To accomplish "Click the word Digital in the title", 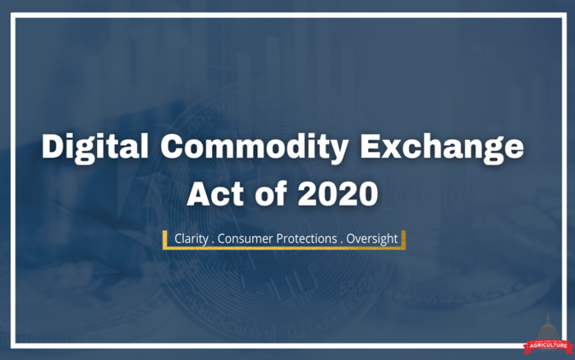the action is click(95, 148).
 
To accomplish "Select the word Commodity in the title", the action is click(255, 148).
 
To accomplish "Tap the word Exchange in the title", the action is click(442, 148).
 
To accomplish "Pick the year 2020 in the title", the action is click(338, 193).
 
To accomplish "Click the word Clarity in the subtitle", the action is click(191, 239).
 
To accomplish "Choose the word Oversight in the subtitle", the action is click(372, 239).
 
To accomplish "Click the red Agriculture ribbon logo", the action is click(548, 346).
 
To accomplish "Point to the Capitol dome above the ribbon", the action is click(548, 326).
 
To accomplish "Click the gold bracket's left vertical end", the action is click(164, 240).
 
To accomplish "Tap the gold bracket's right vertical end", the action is click(403, 240).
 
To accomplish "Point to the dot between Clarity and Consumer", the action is click(213, 243).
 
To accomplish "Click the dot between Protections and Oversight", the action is click(342, 243).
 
